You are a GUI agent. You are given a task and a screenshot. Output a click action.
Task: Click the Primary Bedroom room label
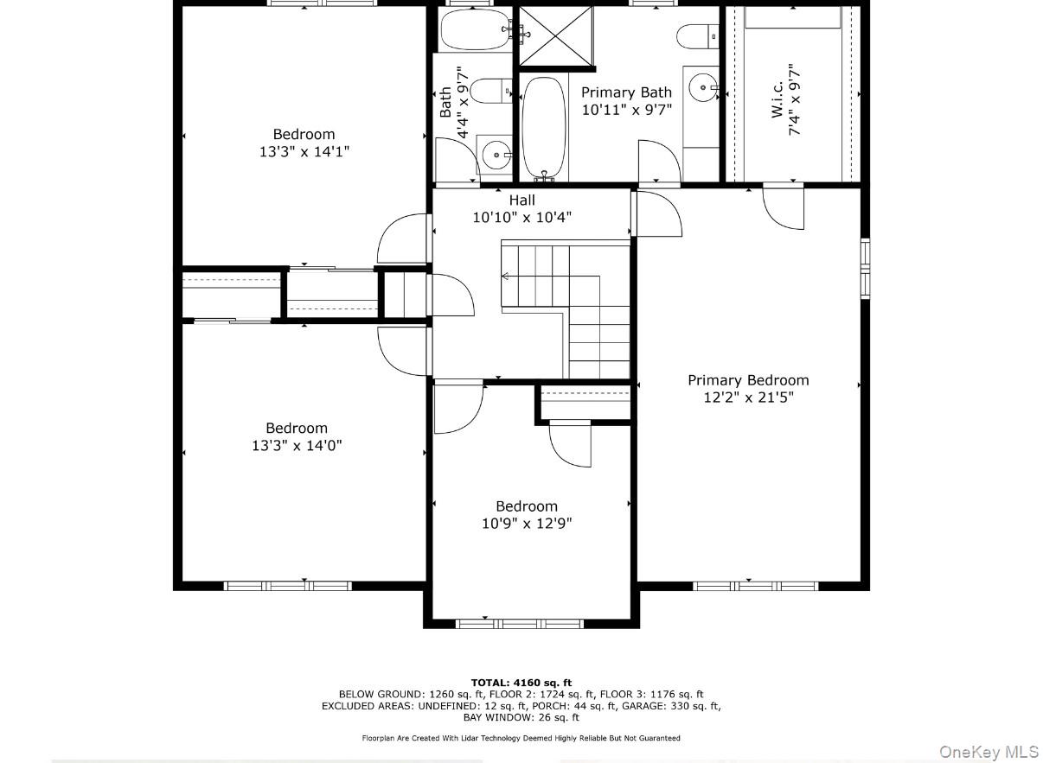point(748,380)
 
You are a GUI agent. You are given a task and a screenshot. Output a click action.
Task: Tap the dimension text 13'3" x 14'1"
point(304,151)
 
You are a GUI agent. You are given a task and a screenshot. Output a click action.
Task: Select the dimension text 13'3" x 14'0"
point(297,446)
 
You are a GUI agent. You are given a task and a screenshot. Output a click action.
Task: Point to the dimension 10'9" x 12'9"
point(527,524)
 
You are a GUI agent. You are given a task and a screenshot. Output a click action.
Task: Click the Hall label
point(521,200)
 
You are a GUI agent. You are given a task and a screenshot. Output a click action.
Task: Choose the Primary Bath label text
point(626,92)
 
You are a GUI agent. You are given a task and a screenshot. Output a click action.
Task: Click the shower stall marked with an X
point(556,35)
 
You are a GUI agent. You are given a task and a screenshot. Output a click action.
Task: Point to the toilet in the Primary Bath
point(696,36)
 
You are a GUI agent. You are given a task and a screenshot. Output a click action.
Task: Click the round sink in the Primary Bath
point(703,87)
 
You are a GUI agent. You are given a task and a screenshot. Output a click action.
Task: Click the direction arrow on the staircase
point(506,277)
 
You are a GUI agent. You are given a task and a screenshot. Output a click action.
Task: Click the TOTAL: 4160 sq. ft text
point(521,683)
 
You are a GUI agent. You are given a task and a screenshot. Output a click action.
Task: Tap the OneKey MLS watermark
point(989,752)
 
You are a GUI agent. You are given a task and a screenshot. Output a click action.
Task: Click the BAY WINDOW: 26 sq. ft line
point(521,717)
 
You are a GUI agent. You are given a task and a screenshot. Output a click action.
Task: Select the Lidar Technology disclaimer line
point(521,738)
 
